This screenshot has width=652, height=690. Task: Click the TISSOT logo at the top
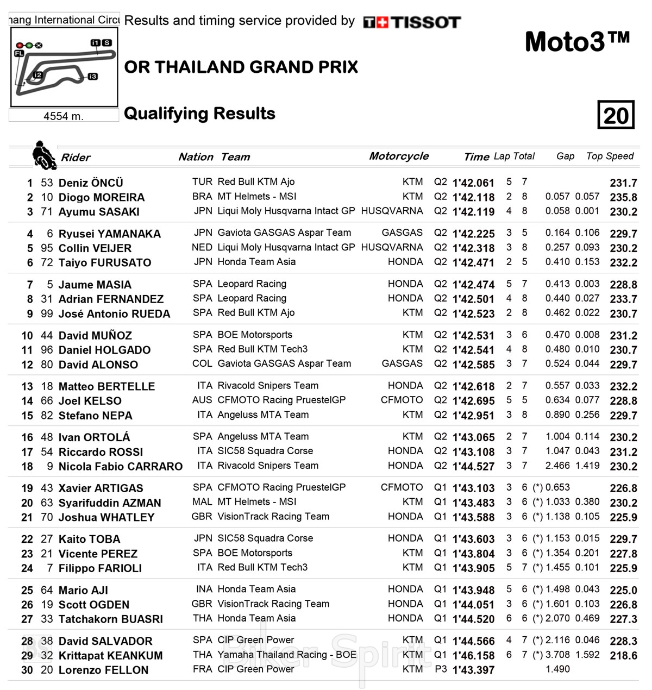click(412, 22)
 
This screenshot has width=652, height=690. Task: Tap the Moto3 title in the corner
click(577, 41)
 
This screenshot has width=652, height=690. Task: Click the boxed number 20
click(616, 115)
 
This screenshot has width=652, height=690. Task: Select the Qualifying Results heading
click(199, 114)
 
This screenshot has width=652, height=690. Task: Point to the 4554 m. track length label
click(64, 116)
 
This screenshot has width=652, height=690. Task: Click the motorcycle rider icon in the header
click(43, 154)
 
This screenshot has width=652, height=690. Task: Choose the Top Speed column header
click(610, 156)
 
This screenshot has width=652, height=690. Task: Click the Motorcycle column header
click(399, 156)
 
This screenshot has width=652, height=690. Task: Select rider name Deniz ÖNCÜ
click(91, 183)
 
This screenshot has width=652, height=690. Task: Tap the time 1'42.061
click(473, 183)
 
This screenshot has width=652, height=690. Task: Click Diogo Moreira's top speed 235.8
click(623, 198)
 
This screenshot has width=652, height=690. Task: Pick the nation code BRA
click(202, 197)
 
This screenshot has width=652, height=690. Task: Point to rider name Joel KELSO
click(90, 401)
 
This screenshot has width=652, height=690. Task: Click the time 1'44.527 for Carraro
click(473, 467)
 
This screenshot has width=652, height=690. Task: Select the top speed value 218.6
click(623, 656)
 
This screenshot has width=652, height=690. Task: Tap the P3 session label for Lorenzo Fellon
click(440, 669)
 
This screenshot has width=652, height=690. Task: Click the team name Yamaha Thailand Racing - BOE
click(287, 655)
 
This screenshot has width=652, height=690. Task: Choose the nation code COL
click(202, 363)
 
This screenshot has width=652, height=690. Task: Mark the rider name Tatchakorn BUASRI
click(110, 619)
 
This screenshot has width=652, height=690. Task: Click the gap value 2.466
click(557, 466)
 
